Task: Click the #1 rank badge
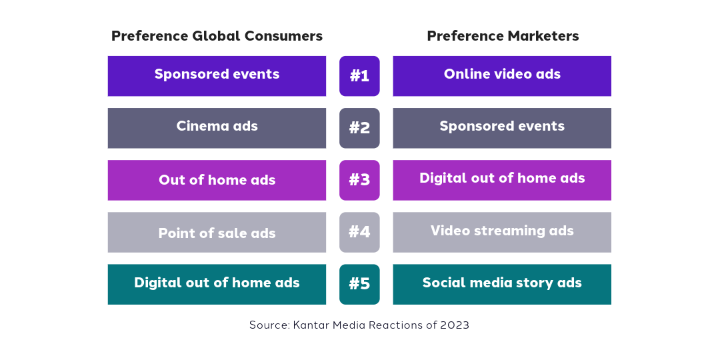(359, 76)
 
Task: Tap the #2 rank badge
(359, 128)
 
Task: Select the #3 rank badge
(359, 180)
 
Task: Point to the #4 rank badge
(359, 232)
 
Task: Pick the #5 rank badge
(359, 284)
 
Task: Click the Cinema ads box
(217, 128)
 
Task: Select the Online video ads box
(502, 76)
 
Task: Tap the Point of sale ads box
(217, 232)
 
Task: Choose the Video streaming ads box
(502, 232)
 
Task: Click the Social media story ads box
(502, 284)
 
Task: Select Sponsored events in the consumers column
(217, 76)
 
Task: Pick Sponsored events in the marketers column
(502, 128)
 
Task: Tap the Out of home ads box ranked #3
(217, 180)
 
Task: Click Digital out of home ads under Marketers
(502, 180)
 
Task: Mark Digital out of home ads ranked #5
(217, 284)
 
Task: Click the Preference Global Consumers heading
(217, 36)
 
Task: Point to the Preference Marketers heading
(503, 36)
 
